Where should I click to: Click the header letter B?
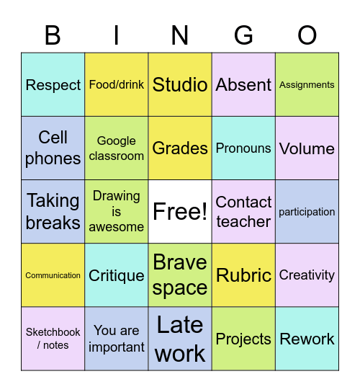53,35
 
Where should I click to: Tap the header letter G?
243,35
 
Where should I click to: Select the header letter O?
307,35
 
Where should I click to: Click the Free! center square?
180,212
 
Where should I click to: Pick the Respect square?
53,84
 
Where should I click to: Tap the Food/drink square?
117,84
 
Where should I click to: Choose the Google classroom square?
117,148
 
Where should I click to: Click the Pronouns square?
243,148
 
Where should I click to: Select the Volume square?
307,148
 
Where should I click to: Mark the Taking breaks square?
53,212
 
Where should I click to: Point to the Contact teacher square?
243,212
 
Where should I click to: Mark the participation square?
307,212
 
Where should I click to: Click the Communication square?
53,275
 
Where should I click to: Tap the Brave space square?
180,275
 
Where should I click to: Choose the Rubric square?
243,275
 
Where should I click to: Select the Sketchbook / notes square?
53,339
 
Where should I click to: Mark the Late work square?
180,339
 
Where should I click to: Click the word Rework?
307,339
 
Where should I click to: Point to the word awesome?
117,227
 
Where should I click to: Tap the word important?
117,347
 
